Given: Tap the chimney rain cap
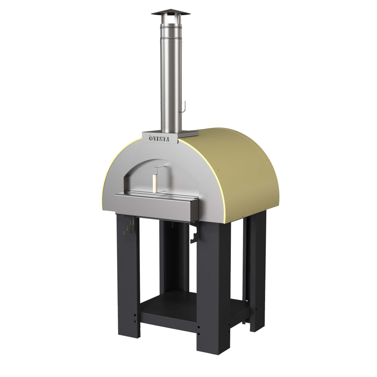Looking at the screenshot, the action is pyautogui.click(x=171, y=13).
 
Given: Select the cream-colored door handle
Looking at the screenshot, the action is pyautogui.click(x=155, y=183).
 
